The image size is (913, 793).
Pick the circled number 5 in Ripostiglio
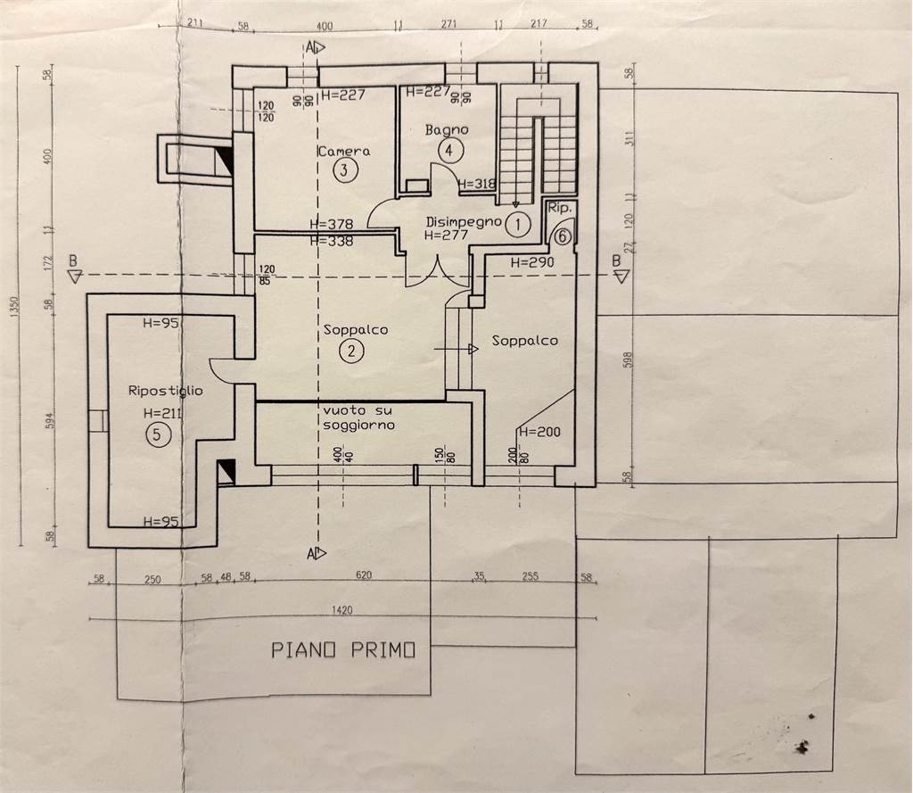point(156,434)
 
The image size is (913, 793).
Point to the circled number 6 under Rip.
point(562,236)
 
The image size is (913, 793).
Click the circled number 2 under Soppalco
point(351,351)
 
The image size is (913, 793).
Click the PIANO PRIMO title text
point(343,651)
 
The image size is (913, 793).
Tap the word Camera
point(343,151)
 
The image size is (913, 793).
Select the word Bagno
point(446,130)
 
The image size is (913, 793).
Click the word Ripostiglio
point(166,391)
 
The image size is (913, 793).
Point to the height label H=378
point(331,225)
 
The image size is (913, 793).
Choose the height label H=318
point(476,185)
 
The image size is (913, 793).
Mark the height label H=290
point(533,263)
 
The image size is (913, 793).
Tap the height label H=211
point(161,414)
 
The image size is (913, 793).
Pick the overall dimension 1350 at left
point(12,306)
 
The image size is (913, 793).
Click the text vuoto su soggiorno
point(359,417)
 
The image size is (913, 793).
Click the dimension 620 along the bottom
point(363,576)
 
